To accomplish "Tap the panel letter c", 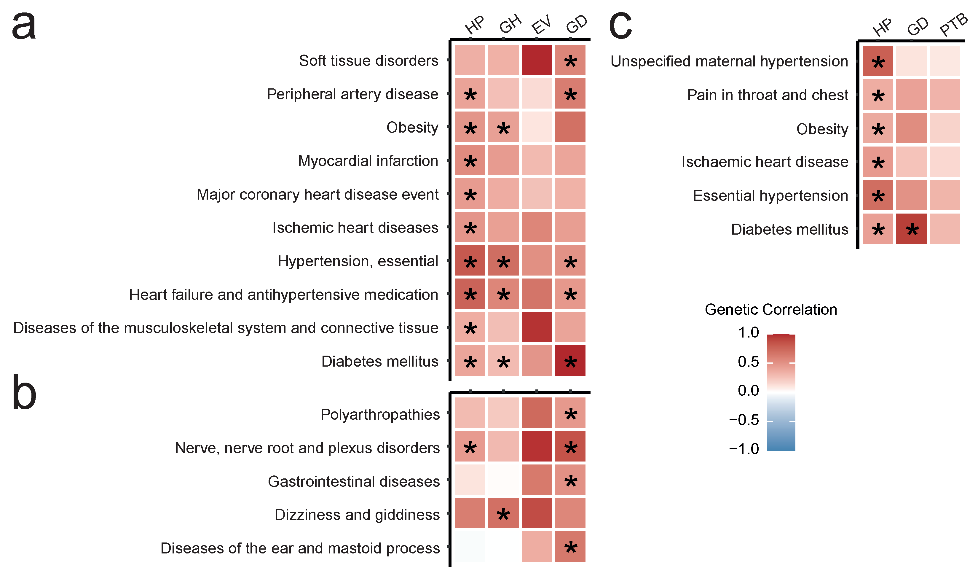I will point(620,26).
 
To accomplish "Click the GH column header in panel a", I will point(510,24).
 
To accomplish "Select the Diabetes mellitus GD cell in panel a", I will point(570,360).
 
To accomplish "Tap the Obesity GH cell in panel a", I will point(503,127).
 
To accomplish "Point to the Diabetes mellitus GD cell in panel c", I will point(911,229).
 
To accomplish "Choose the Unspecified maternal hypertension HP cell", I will point(878,61).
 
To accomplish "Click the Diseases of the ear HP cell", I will point(470,546).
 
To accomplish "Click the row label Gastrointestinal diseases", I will point(354,481).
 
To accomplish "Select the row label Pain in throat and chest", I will point(767,95).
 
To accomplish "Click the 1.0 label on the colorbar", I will point(748,332).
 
